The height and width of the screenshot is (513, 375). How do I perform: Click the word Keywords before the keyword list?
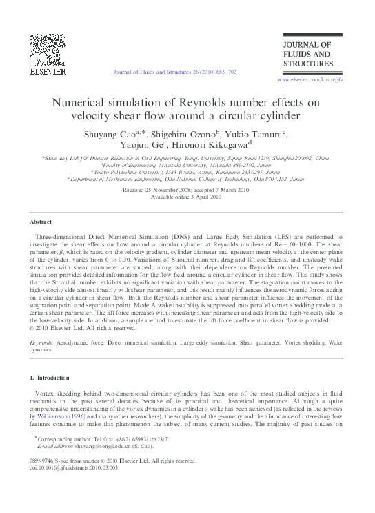coord(44,342)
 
